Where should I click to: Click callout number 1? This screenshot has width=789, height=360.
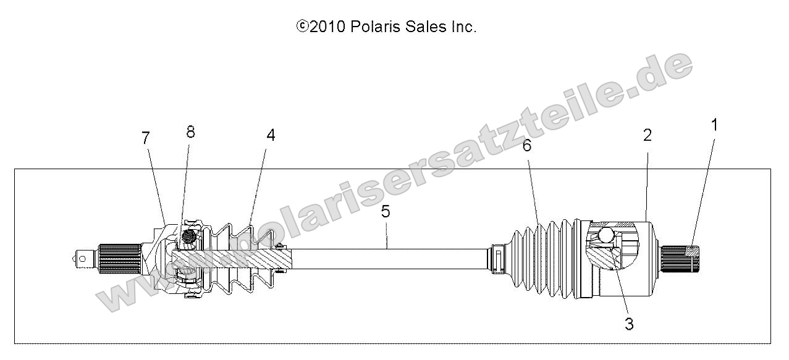[714, 125]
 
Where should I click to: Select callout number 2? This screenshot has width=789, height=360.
[647, 135]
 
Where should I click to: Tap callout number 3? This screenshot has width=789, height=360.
[629, 324]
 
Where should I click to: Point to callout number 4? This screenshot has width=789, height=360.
[271, 136]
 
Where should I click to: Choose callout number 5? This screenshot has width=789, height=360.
[386, 212]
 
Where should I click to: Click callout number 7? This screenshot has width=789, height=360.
[146, 138]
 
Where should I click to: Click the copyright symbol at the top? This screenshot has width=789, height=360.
[302, 27]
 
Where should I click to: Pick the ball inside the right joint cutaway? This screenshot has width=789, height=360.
[605, 235]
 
